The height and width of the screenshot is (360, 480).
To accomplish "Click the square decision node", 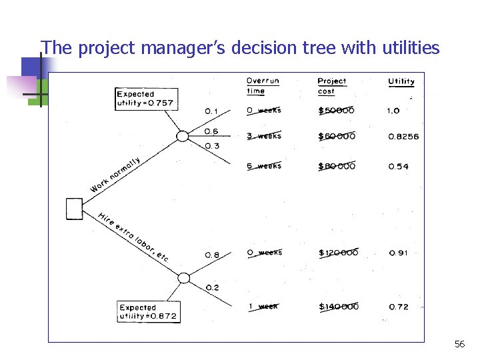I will (75, 209).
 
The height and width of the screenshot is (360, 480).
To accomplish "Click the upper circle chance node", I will (182, 137).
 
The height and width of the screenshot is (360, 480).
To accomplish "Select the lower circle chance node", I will (183, 278).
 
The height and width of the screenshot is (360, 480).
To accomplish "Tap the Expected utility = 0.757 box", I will (145, 99).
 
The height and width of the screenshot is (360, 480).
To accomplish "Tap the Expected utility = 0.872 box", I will (148, 312).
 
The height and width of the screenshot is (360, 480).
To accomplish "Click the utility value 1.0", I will (393, 111).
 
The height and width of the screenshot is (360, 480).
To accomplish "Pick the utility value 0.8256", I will (403, 137).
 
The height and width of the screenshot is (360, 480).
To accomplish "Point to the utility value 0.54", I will (398, 167).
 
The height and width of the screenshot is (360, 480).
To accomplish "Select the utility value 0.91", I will (398, 253).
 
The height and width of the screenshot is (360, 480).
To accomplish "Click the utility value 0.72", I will (398, 307).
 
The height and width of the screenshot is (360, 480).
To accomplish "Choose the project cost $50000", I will (337, 111).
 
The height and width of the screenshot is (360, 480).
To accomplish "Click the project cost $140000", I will (339, 307).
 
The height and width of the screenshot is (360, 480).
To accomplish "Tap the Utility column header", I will (401, 81).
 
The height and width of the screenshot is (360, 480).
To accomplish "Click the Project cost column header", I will (332, 86).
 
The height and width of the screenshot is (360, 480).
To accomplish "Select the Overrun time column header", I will (263, 86).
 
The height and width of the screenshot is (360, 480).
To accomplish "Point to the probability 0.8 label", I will (212, 255).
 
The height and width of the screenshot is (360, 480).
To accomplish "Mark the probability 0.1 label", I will (211, 111).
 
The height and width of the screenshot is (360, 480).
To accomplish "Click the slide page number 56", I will (459, 344).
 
